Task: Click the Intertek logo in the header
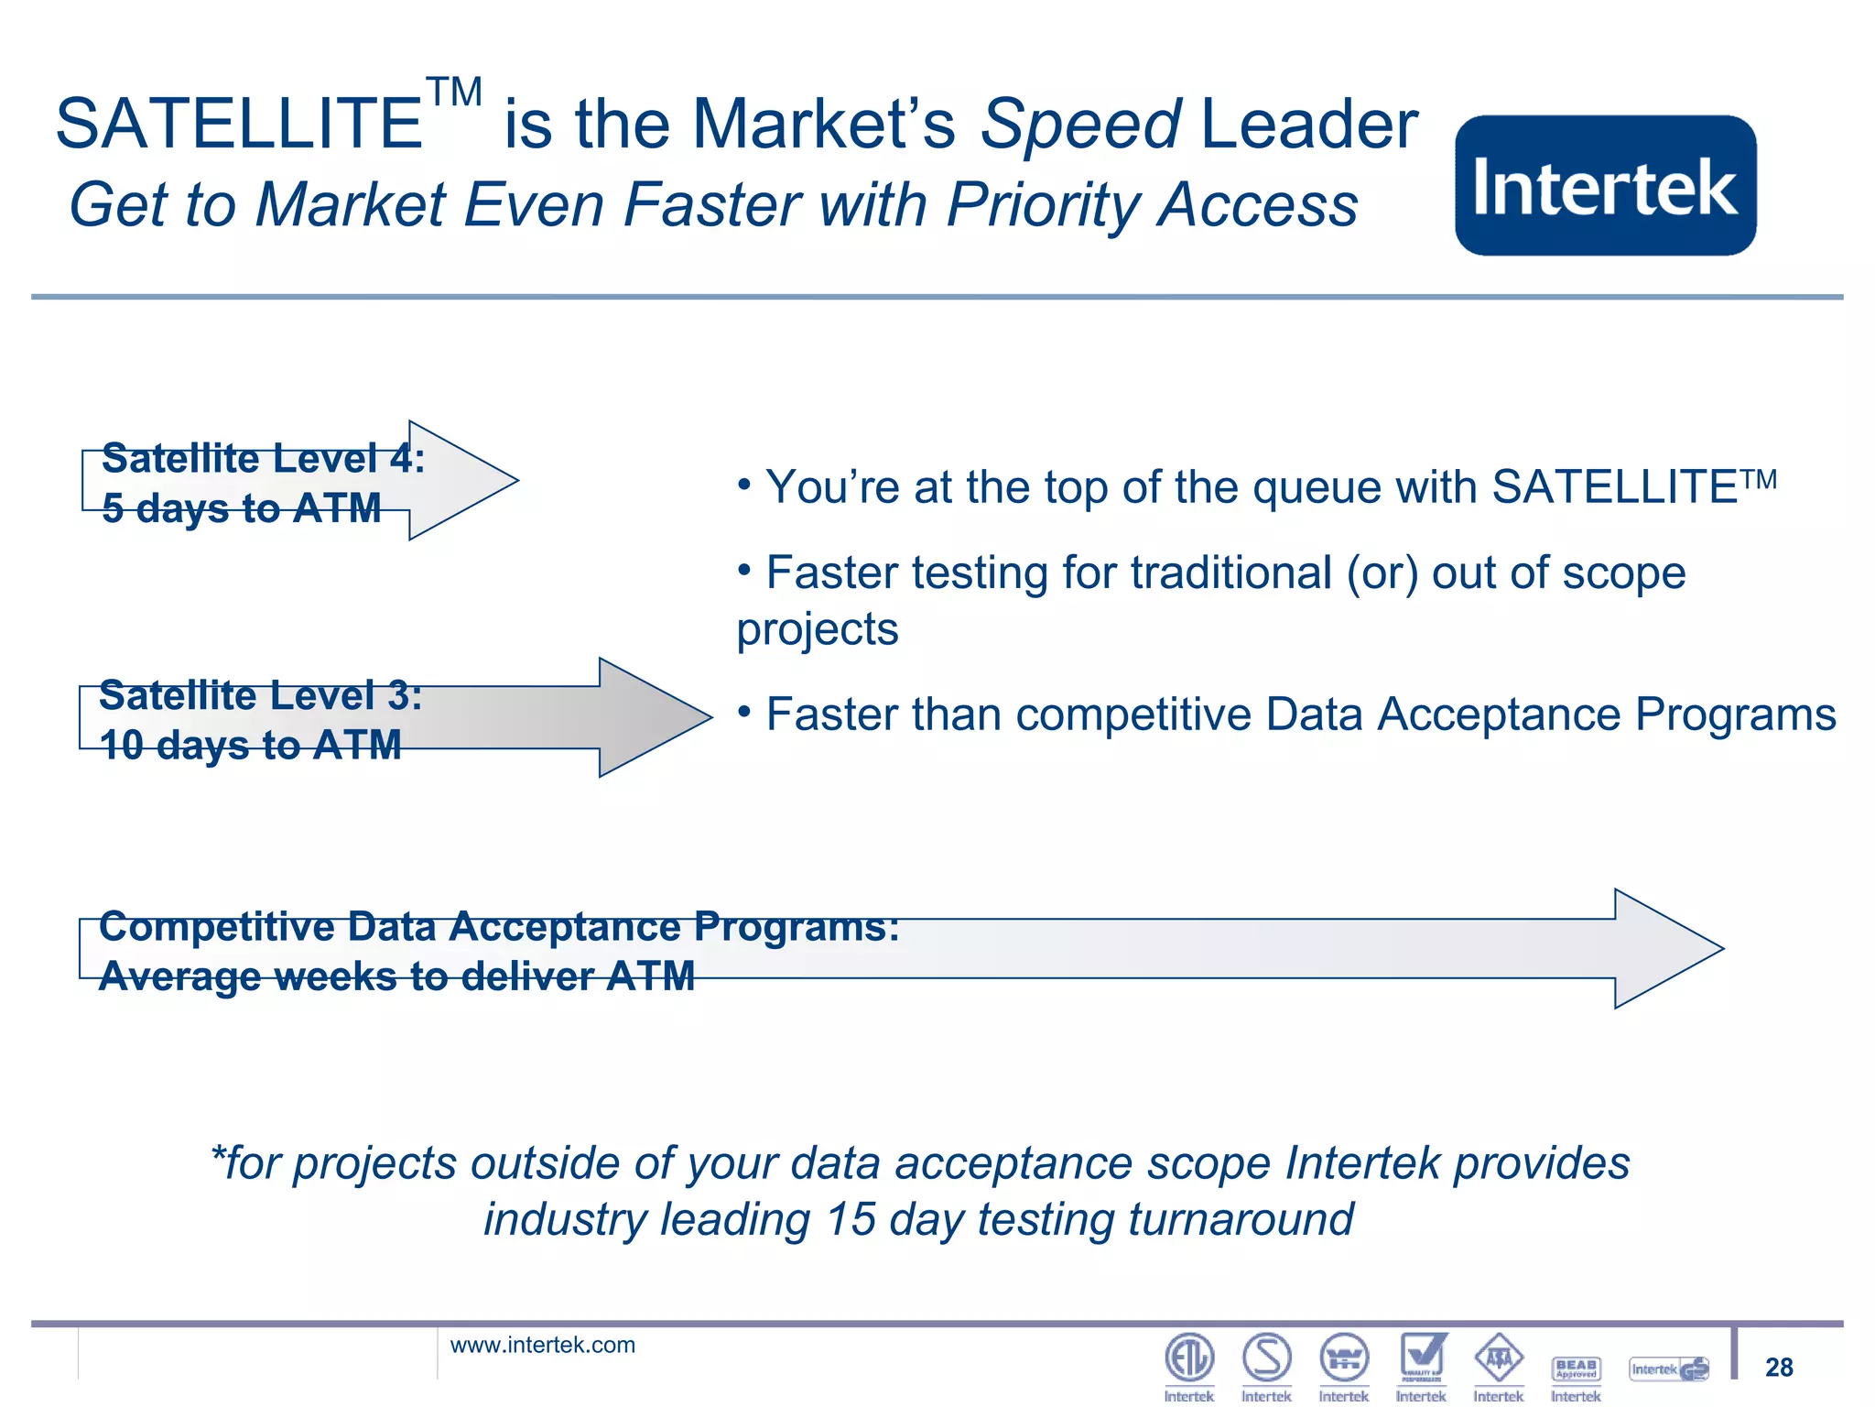(x=1605, y=186)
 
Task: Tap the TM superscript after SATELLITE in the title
(x=454, y=93)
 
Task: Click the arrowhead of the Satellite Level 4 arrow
(x=462, y=480)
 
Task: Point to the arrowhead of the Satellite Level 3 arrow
(x=654, y=717)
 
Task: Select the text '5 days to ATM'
(x=242, y=508)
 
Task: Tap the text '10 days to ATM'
(x=250, y=745)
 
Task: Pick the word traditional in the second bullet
(x=1231, y=573)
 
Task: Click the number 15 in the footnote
(x=851, y=1220)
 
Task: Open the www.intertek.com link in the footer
(x=542, y=1345)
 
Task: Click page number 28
(x=1779, y=1367)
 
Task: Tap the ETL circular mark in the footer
(x=1189, y=1358)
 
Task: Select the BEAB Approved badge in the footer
(x=1576, y=1369)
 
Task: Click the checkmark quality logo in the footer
(x=1422, y=1357)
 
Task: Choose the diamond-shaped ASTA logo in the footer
(x=1499, y=1358)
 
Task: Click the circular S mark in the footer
(x=1267, y=1358)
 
